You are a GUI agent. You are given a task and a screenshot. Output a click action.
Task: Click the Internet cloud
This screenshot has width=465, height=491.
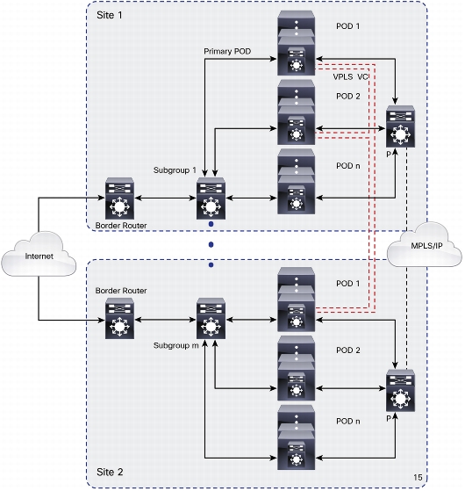coord(39,254)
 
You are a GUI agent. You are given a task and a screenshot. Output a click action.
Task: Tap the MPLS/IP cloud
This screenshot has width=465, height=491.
coord(425,245)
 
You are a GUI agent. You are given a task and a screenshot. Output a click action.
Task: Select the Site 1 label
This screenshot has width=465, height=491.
coord(110,15)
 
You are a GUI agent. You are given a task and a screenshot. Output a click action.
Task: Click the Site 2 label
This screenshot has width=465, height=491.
coord(110,472)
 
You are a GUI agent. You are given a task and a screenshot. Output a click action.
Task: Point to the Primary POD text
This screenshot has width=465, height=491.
coord(227,51)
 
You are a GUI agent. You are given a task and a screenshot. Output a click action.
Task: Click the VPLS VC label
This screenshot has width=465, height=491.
coord(350,76)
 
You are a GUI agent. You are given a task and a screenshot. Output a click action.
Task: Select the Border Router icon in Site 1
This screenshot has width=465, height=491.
coord(119,199)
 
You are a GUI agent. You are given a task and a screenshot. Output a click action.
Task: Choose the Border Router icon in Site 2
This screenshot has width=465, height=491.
coord(119,318)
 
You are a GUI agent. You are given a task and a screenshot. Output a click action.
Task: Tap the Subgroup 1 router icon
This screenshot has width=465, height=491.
coord(211,199)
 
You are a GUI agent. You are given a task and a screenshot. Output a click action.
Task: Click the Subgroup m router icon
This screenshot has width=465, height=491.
coord(211,318)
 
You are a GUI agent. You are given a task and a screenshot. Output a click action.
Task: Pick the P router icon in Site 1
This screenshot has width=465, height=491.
coord(400,126)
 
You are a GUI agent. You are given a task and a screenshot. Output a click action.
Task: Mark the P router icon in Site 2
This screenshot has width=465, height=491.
coord(400,391)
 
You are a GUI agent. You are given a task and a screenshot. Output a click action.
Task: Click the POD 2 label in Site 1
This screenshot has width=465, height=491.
coord(348,96)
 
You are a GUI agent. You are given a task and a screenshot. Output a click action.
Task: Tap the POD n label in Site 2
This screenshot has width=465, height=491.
coord(348,421)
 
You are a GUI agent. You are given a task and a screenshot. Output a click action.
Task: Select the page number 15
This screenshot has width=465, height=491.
coord(418,477)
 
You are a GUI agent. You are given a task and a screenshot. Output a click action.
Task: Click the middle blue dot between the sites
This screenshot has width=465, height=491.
coord(211,244)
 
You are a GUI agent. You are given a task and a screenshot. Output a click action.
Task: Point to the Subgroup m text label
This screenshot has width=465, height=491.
coord(176,345)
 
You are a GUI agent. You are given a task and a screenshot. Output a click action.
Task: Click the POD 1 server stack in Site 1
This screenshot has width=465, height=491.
coord(296,43)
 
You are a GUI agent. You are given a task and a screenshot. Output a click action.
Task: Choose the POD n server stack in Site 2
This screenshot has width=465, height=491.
coord(296,437)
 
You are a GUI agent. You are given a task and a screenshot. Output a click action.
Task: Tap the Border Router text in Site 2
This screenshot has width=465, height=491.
coord(121,291)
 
